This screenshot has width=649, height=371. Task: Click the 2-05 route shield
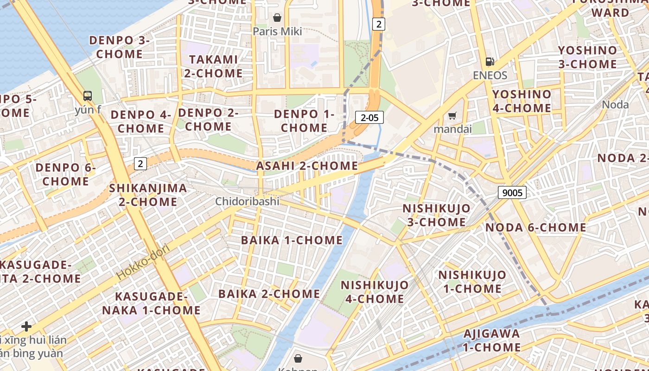point(369,117)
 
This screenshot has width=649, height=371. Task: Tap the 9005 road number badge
point(512,192)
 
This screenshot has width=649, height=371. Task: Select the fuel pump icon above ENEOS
point(490,61)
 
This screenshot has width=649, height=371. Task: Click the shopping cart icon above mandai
point(452,115)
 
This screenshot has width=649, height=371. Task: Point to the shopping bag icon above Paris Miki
point(277,18)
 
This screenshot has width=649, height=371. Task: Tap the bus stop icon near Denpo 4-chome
point(88,96)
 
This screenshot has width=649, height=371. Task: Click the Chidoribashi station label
point(247,201)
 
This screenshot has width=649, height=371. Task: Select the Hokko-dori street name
point(143,261)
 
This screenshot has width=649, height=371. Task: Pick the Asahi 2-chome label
point(307,166)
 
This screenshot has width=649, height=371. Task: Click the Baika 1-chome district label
point(292,240)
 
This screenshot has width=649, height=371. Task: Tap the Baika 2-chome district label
point(269,294)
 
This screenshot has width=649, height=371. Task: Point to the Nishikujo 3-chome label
point(436,215)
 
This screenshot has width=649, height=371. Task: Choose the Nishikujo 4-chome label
point(375,292)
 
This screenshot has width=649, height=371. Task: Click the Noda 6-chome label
point(535,227)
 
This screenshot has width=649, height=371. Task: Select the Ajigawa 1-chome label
point(492,340)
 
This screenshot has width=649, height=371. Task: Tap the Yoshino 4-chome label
point(522,101)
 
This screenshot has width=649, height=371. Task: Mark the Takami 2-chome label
point(213,66)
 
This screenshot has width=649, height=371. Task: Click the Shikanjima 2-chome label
point(148,195)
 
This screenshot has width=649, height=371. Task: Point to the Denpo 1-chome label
point(304,121)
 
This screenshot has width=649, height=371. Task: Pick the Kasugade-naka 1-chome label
point(151,303)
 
